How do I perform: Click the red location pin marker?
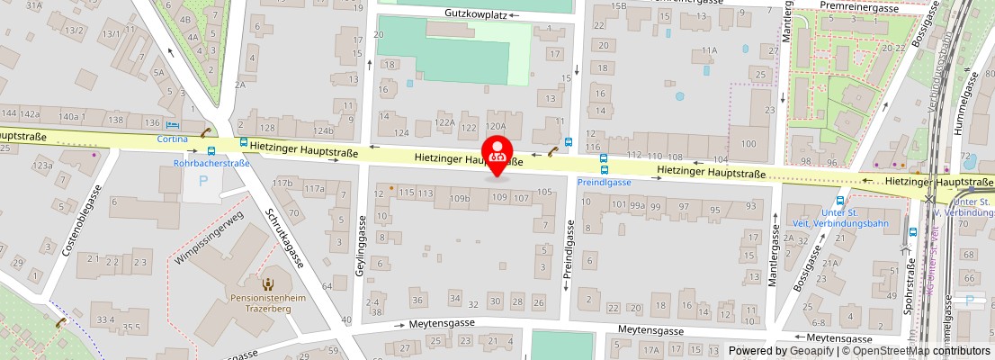click(497, 155)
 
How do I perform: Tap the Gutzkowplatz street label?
click(475, 13)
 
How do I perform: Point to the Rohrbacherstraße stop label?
click(211, 164)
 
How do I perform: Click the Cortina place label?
click(173, 139)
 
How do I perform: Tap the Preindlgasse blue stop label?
click(604, 181)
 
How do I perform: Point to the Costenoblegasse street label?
click(80, 220)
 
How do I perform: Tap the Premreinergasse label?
click(860, 7)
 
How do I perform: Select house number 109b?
click(460, 198)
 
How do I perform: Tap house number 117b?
click(282, 184)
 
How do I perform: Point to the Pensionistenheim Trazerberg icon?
click(267, 284)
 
